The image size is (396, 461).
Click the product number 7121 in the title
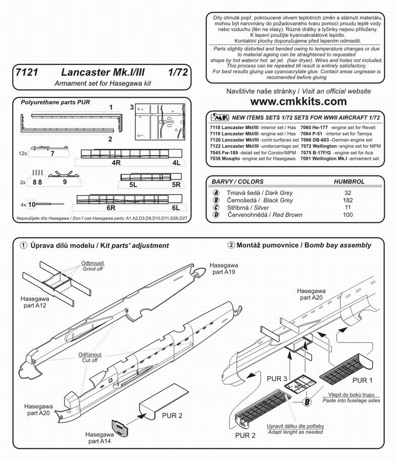point(24,72)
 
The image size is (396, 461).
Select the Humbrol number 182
point(348,201)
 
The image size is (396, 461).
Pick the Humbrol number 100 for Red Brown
point(348,215)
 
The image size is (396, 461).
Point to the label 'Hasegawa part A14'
point(98,438)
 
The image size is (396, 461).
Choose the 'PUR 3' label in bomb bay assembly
point(277,378)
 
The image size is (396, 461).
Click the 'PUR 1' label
point(362,380)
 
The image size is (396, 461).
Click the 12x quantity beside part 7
point(23,153)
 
